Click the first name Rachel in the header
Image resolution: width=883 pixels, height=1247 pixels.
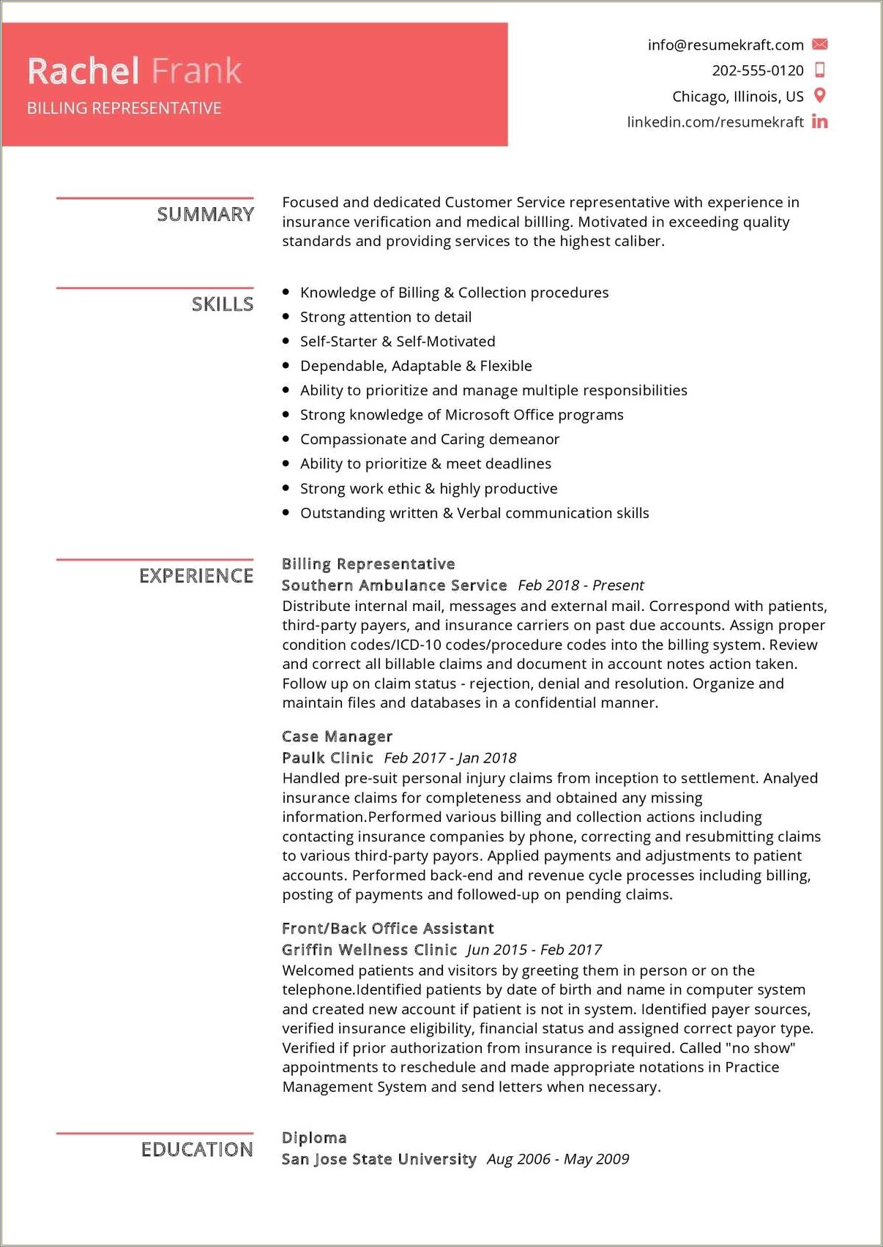(83, 71)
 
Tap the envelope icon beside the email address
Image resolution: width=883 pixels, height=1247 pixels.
(820, 45)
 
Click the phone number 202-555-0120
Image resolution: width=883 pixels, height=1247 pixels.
(757, 70)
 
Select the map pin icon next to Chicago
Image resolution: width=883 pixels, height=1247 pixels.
(820, 95)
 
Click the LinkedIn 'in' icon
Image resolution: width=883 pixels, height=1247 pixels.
(820, 121)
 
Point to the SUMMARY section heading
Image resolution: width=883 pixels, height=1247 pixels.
(205, 214)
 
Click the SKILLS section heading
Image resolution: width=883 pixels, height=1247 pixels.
(222, 304)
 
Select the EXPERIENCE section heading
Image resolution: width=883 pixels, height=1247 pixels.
(196, 576)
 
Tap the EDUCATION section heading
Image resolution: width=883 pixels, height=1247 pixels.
(197, 1150)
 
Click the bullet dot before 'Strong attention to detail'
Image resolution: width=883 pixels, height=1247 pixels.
(286, 317)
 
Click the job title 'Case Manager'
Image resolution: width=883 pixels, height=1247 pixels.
(337, 736)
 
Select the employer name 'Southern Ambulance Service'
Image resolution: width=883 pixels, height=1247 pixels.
(394, 585)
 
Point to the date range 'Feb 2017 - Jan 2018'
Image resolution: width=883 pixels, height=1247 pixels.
(450, 758)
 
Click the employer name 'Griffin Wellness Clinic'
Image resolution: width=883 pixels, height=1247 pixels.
(369, 950)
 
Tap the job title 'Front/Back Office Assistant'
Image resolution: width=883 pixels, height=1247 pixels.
(387, 929)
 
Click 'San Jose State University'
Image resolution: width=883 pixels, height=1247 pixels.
(379, 1159)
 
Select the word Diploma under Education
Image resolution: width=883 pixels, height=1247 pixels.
(314, 1138)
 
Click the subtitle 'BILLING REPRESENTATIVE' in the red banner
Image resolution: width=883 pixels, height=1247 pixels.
(124, 108)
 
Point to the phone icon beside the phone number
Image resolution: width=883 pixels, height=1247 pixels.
(820, 70)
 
